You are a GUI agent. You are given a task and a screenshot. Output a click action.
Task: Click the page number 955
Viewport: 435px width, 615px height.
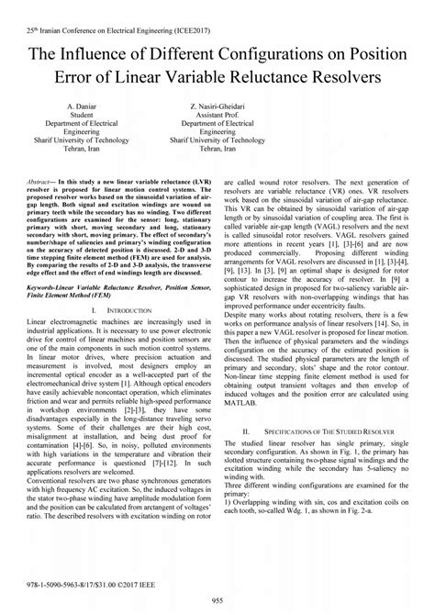click(x=217, y=598)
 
